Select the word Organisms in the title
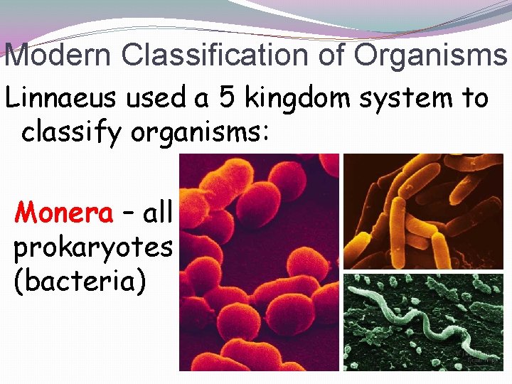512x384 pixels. [x=431, y=55]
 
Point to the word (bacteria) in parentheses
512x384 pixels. [x=80, y=281]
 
